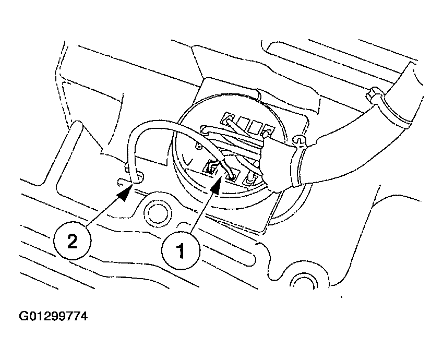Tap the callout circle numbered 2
tap(73, 241)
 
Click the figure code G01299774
tap(53, 316)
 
